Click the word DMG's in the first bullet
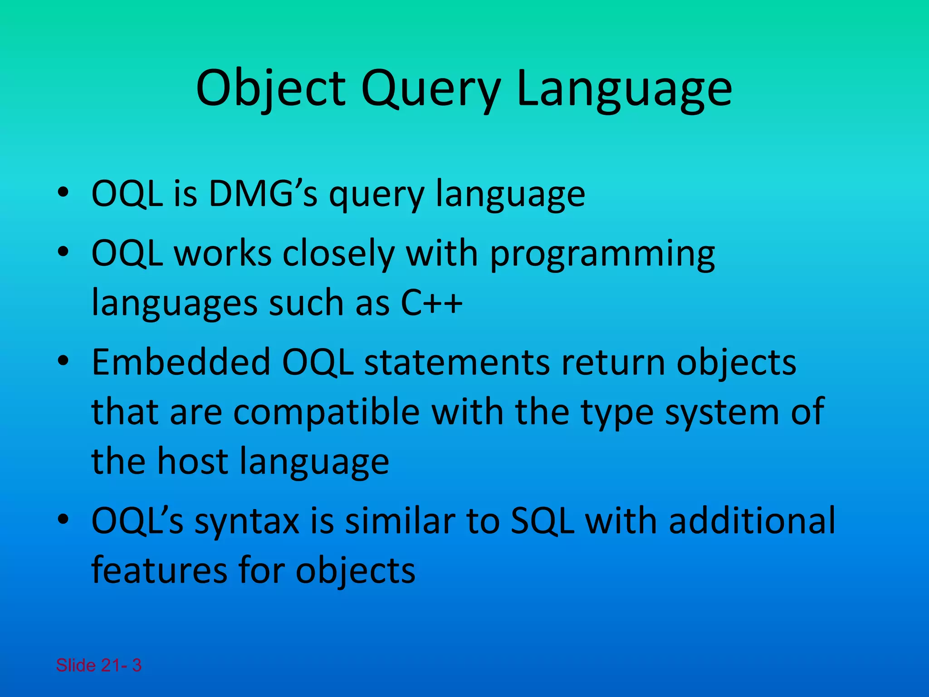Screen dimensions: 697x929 click(x=263, y=194)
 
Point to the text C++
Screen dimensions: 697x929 click(x=431, y=302)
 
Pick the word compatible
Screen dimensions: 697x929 click(x=327, y=412)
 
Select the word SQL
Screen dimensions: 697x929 click(x=542, y=520)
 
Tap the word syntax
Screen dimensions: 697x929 click(x=247, y=520)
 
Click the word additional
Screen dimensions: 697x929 click(x=752, y=520)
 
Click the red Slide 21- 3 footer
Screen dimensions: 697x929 click(x=98, y=665)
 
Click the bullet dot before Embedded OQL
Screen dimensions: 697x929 click(x=63, y=361)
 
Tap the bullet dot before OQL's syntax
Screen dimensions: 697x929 click(x=63, y=520)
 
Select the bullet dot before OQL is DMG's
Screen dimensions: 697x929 click(x=63, y=193)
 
